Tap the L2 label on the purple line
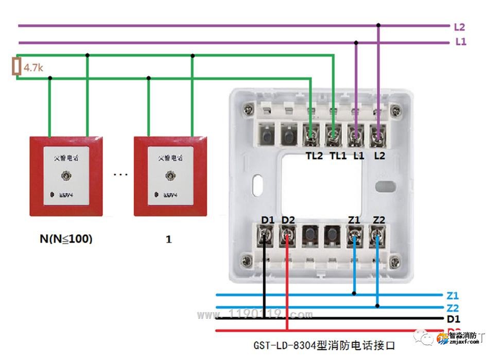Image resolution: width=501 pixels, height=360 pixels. (x=460, y=27)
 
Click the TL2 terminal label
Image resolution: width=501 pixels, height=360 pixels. (x=314, y=156)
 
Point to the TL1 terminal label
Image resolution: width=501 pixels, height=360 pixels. (x=338, y=156)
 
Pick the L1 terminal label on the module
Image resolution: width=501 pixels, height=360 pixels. (x=359, y=156)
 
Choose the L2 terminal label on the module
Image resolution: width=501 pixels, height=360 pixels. (x=379, y=156)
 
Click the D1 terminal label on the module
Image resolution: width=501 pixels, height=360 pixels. (x=267, y=220)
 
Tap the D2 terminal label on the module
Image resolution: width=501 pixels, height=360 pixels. (x=288, y=220)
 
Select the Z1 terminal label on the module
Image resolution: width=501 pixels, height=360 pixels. (x=354, y=220)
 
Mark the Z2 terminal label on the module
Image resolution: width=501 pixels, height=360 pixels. (x=378, y=220)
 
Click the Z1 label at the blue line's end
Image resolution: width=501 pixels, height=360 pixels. (x=453, y=296)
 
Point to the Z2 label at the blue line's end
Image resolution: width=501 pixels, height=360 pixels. (x=453, y=308)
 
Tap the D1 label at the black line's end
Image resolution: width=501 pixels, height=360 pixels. (x=454, y=319)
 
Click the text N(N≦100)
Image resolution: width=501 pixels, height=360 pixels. (x=66, y=239)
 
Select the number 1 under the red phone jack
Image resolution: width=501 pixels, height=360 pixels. (x=169, y=239)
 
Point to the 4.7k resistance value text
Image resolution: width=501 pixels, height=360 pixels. (x=33, y=67)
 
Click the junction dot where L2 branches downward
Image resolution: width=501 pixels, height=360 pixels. (x=378, y=25)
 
